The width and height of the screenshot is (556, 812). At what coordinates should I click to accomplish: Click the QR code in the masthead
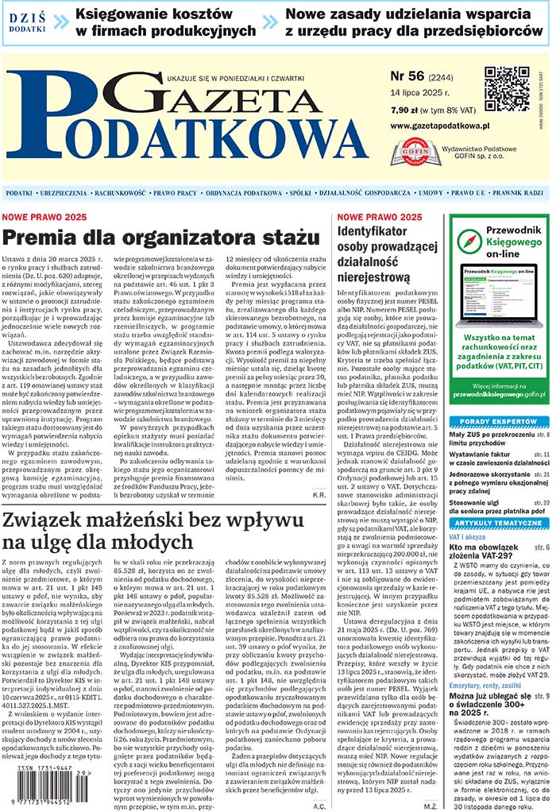tap(507, 88)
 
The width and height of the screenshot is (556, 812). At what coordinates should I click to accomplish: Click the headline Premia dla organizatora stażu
tap(160, 238)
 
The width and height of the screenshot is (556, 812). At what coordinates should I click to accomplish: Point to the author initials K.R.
tap(319, 495)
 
